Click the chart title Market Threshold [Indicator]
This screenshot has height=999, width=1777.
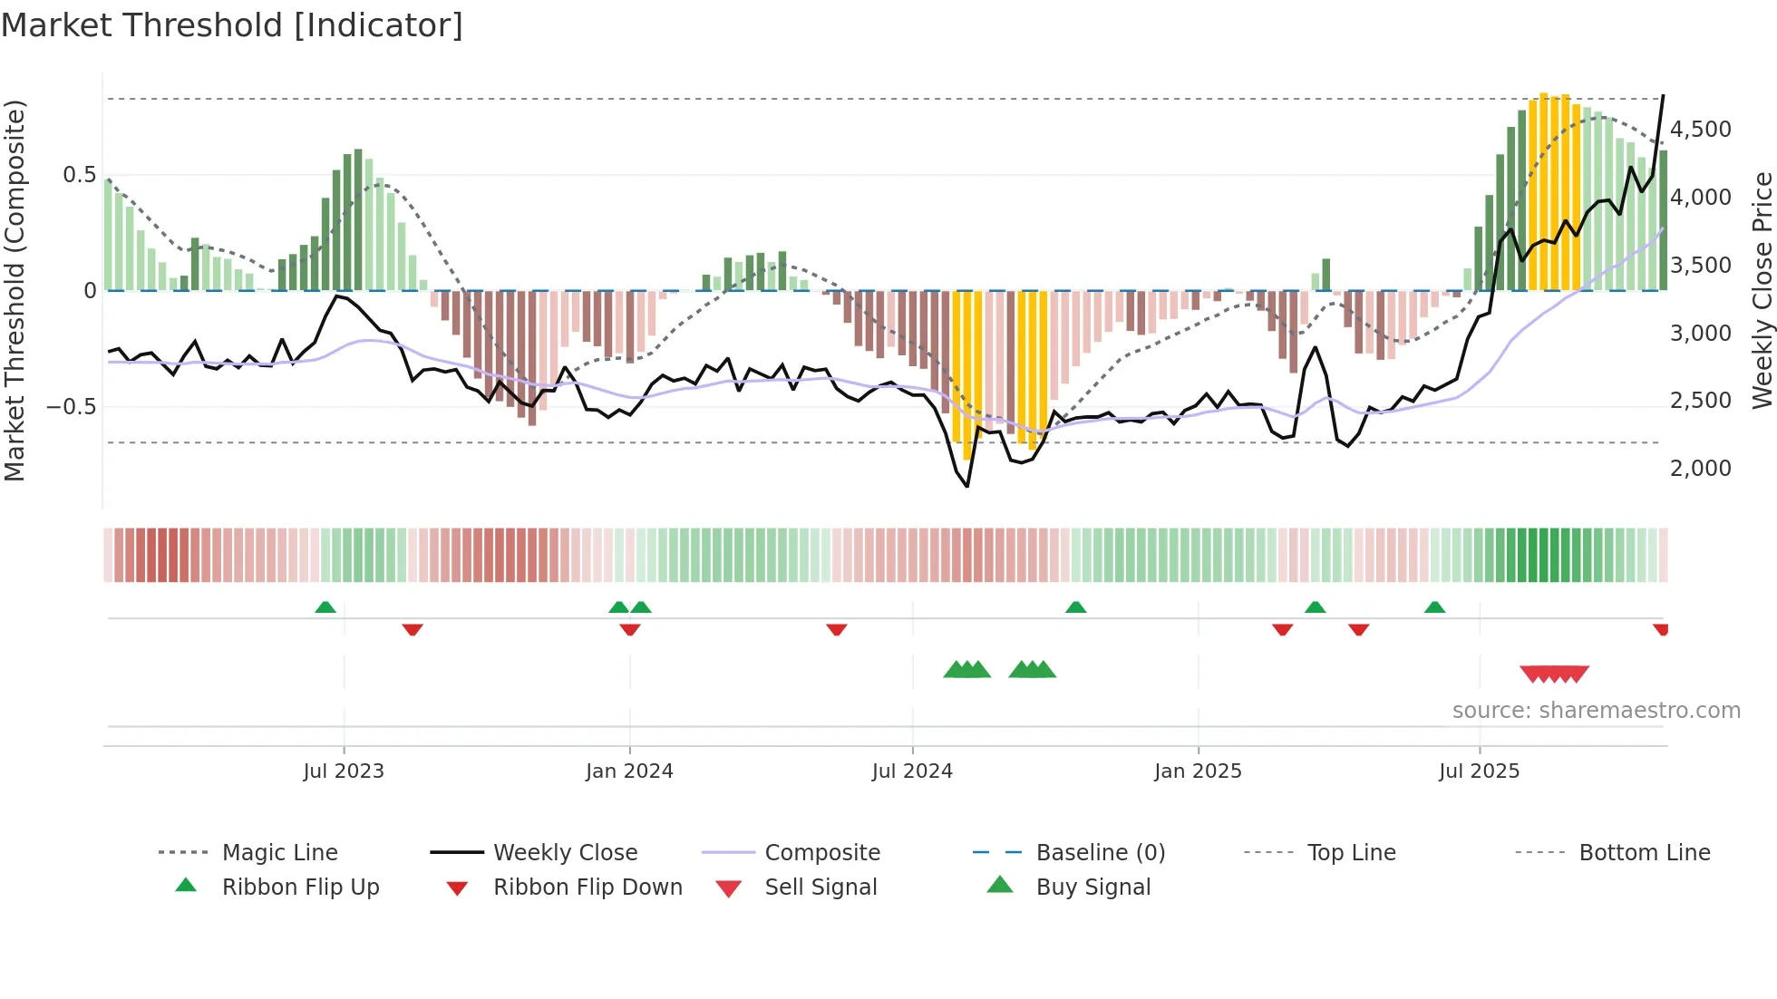[x=232, y=25]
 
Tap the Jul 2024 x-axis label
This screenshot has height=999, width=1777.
[x=912, y=771]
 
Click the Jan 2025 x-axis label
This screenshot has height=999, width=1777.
[x=1198, y=771]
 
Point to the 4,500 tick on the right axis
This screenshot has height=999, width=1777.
[x=1700, y=130]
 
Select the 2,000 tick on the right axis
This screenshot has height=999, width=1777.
[x=1700, y=469]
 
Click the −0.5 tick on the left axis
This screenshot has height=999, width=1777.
[x=72, y=406]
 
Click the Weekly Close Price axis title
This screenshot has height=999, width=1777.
[x=1762, y=290]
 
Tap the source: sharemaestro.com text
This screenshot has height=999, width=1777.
[x=1596, y=710]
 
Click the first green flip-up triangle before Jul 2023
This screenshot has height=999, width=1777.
[x=325, y=607]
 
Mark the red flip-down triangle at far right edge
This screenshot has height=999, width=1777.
[x=1661, y=629]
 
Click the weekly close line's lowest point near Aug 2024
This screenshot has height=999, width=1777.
[x=967, y=487]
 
